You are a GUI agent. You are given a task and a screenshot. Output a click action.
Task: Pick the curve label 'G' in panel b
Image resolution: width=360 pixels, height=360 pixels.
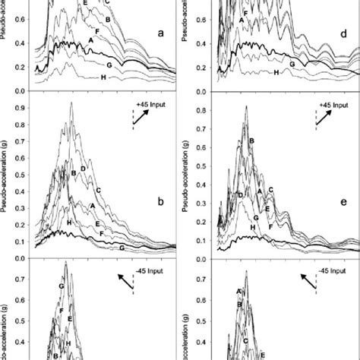122,248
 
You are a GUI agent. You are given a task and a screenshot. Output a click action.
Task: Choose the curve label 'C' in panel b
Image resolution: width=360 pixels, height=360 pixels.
99,190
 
